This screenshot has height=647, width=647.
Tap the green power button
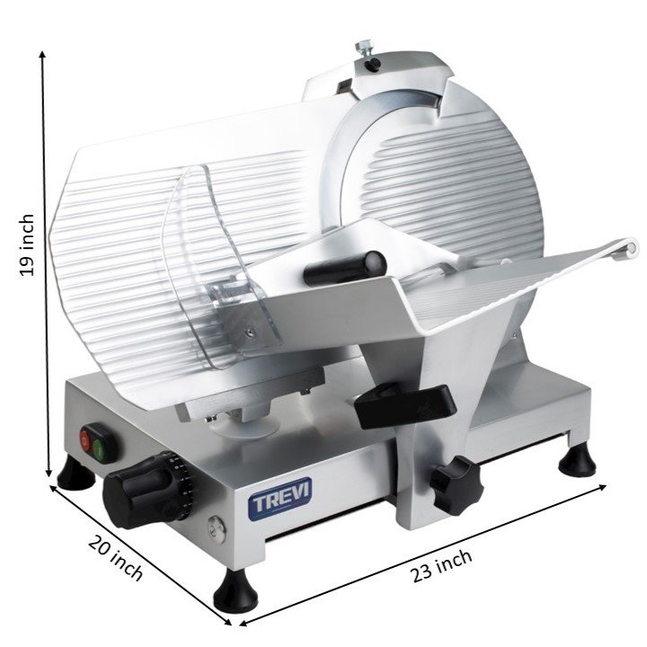99,442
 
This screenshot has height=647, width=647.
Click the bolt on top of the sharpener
365,47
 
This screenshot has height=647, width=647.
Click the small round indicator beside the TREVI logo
213,527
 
